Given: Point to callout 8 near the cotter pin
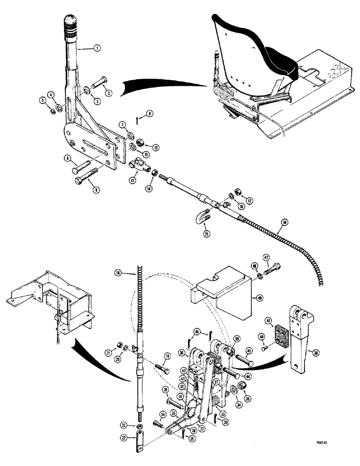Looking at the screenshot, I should click(136, 113).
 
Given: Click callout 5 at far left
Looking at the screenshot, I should click(42, 99).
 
